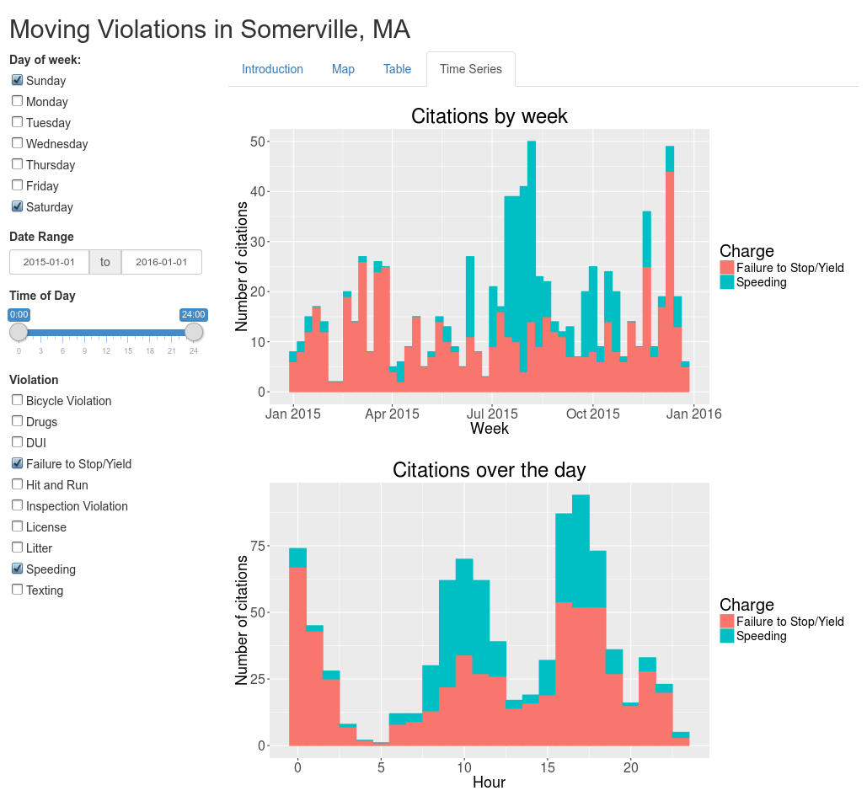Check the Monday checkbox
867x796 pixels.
(x=17, y=101)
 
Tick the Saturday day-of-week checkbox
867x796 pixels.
(x=17, y=206)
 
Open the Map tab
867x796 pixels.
(x=343, y=69)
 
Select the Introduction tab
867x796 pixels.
(x=272, y=69)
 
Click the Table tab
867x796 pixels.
(x=397, y=69)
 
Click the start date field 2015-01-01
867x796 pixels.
(x=49, y=262)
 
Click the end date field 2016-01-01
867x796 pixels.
(x=162, y=262)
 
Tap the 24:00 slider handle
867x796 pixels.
(x=195, y=332)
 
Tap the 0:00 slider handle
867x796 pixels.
(x=19, y=332)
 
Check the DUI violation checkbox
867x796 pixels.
(x=17, y=442)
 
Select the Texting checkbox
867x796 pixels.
(x=17, y=590)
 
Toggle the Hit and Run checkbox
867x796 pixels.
(x=17, y=484)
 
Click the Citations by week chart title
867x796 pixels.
(x=489, y=116)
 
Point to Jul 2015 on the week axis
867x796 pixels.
(x=492, y=414)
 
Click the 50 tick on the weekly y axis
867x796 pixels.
(x=254, y=142)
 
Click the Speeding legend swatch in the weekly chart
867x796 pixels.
(x=727, y=282)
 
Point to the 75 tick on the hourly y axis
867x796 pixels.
(x=254, y=547)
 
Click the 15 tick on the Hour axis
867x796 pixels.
(x=548, y=767)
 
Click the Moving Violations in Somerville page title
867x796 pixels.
(x=210, y=29)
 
